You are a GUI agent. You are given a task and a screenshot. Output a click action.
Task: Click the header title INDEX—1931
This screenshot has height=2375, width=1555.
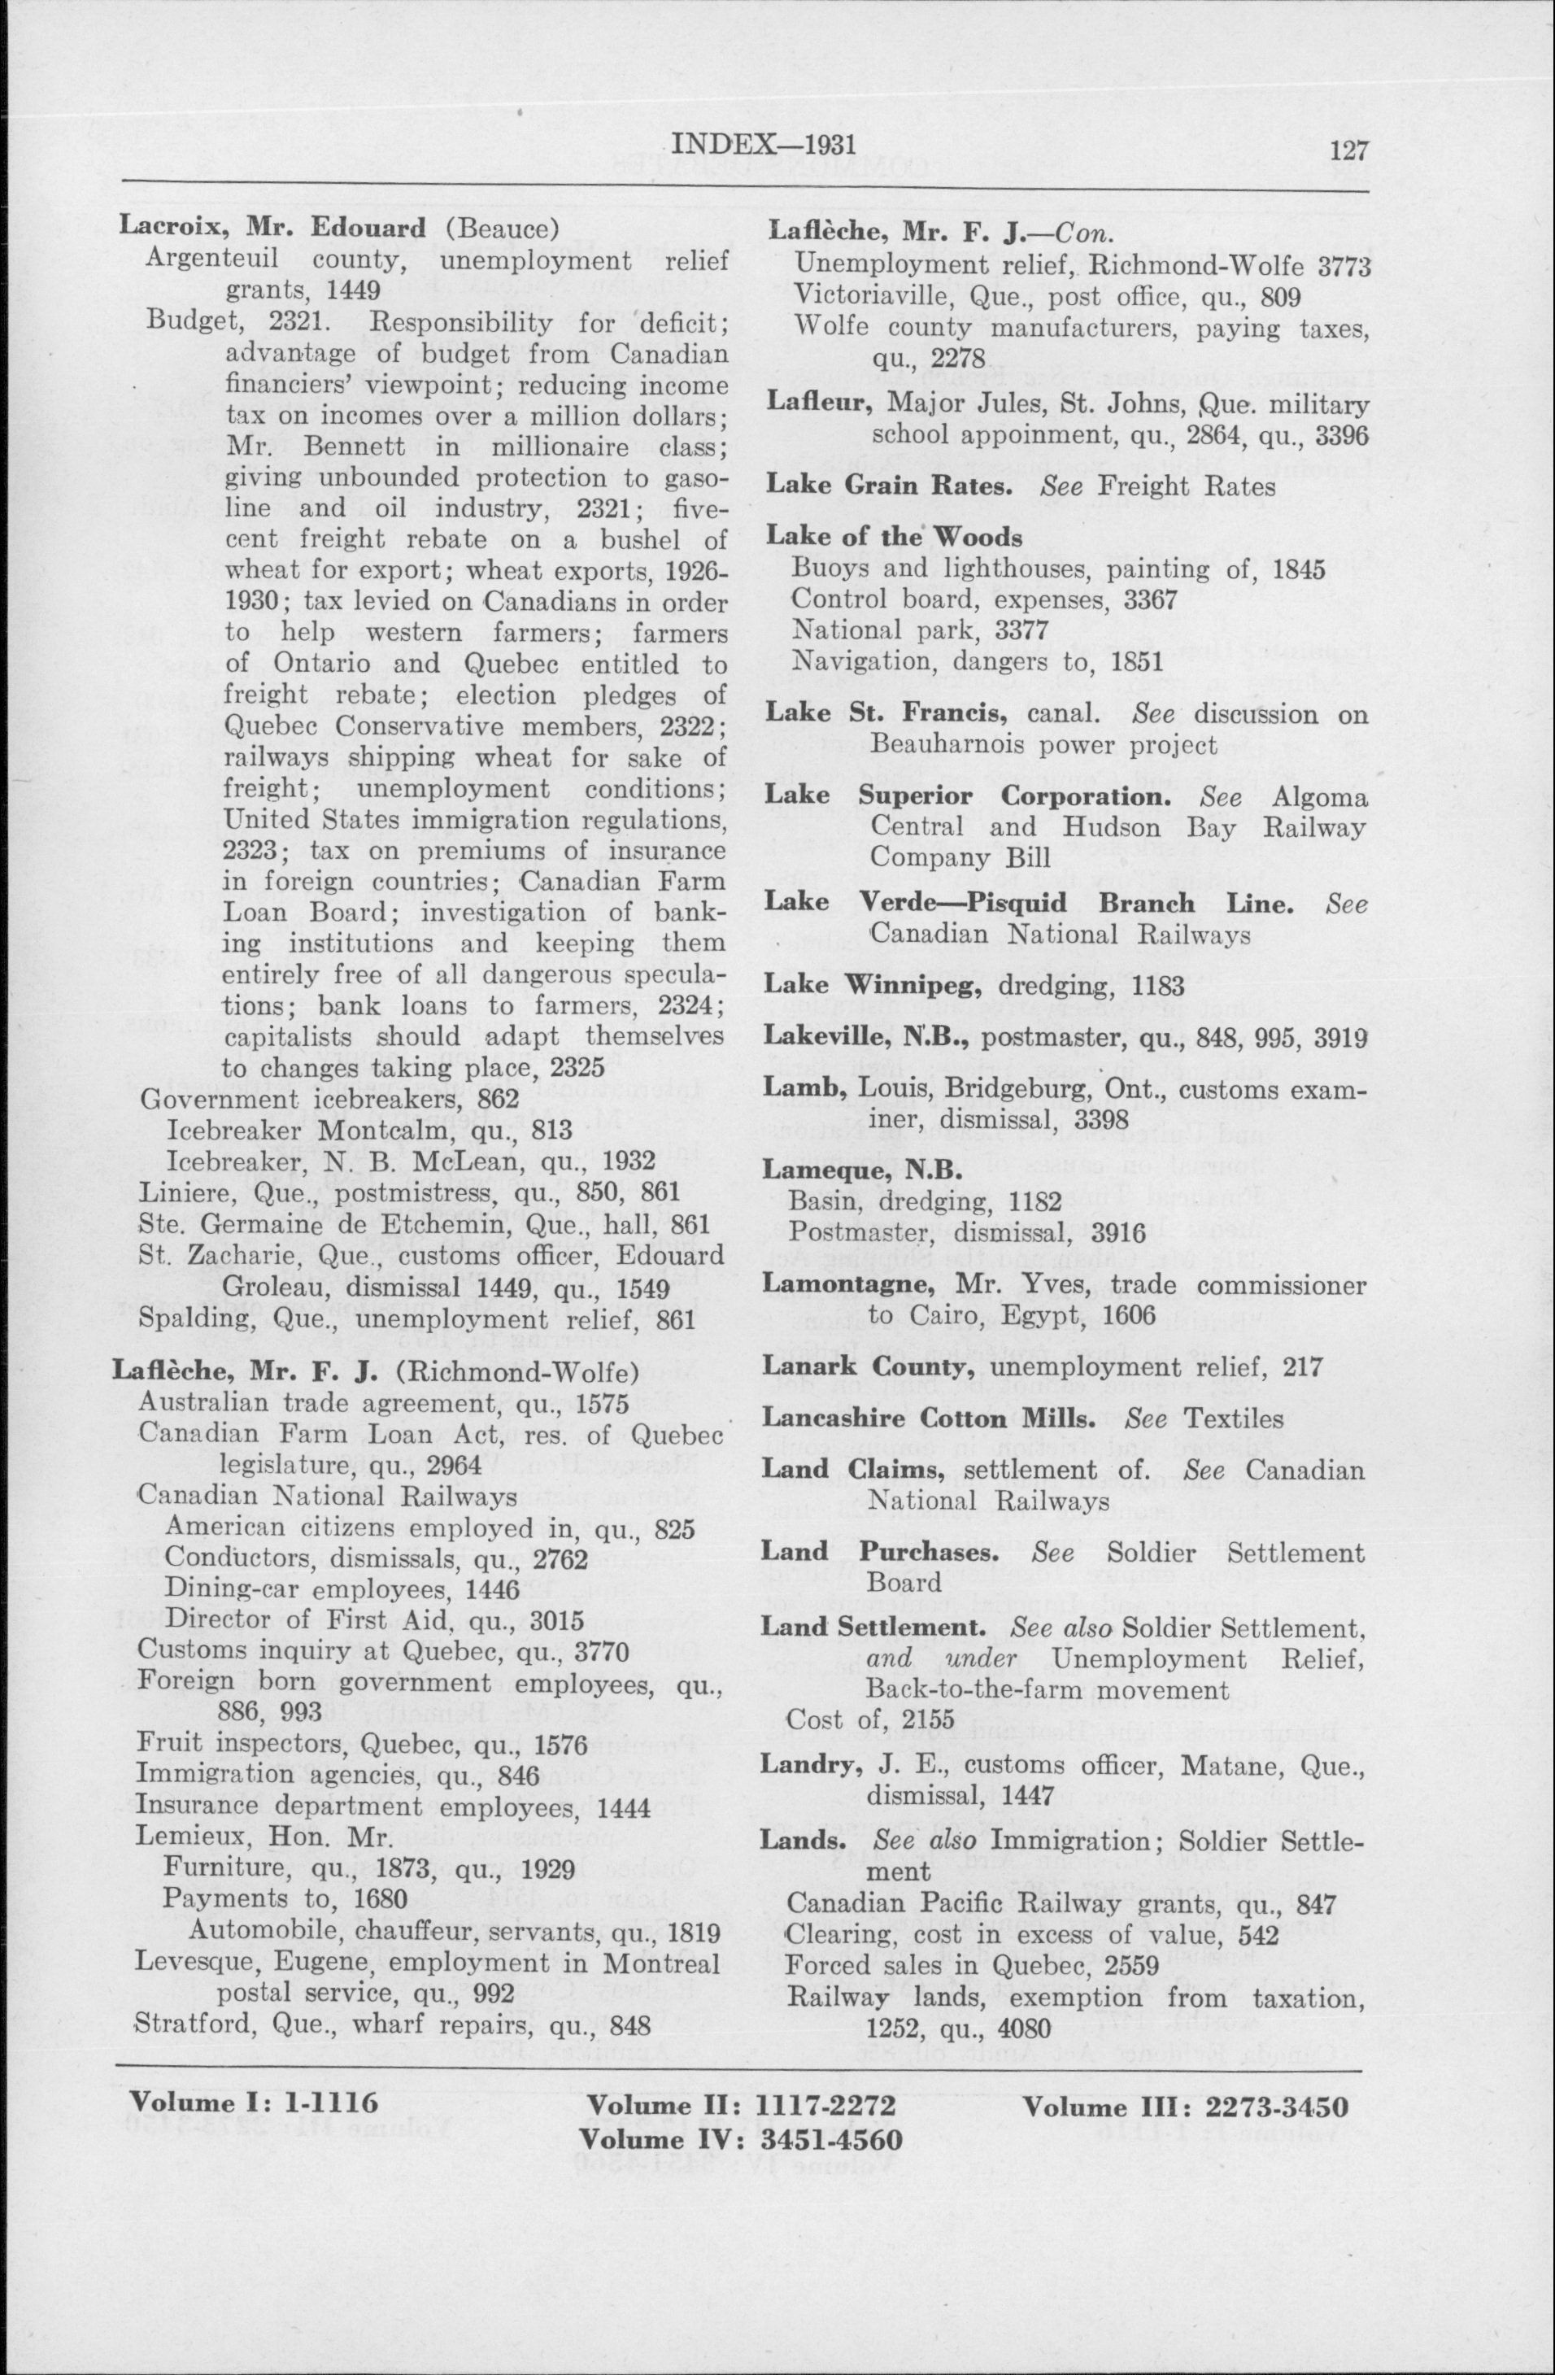764,145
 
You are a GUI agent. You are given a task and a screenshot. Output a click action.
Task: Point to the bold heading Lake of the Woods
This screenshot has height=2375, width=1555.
895,537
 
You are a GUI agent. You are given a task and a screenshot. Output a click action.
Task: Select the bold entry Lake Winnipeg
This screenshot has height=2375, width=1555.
874,985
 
